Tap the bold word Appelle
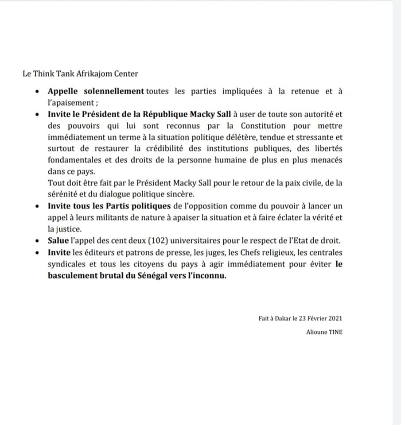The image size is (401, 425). (x=62, y=91)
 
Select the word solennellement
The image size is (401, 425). (x=113, y=91)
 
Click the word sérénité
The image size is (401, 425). (x=62, y=194)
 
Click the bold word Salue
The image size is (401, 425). (x=58, y=241)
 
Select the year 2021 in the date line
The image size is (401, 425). (x=334, y=318)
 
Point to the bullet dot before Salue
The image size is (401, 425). (x=38, y=241)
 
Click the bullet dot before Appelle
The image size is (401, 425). (x=38, y=92)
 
